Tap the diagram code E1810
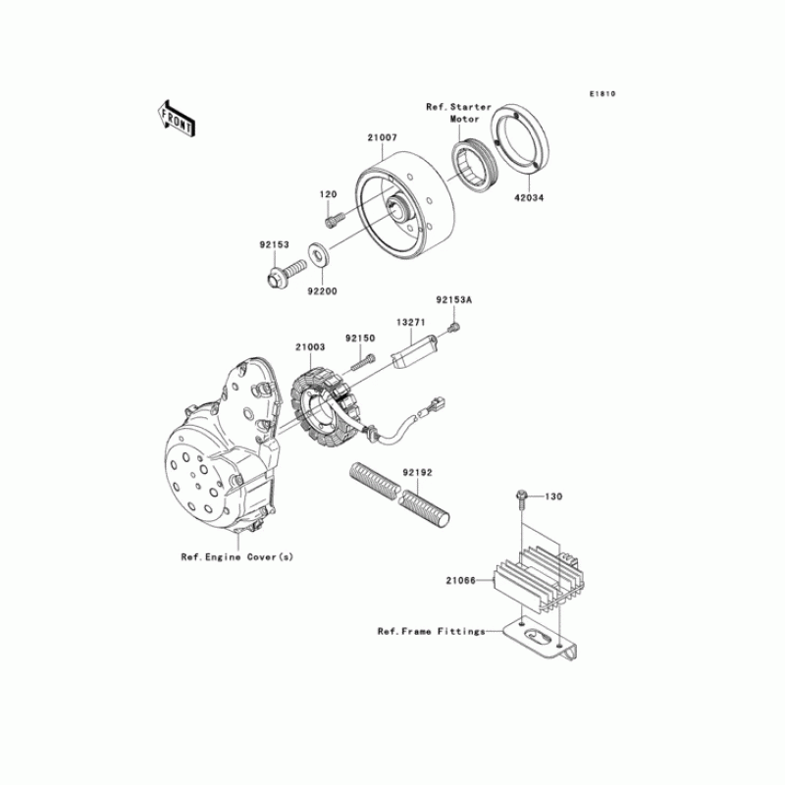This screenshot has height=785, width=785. coord(602,94)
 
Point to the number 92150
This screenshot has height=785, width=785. coord(360,338)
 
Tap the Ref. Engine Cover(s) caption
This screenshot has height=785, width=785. coord(236,556)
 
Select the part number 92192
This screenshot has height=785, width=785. coord(419,472)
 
